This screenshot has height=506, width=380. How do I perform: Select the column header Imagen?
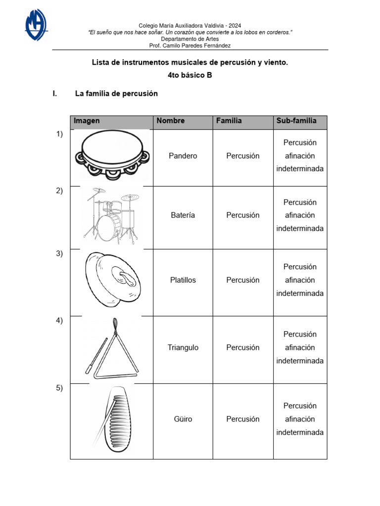click(x=87, y=121)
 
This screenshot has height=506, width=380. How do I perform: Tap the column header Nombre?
click(x=171, y=121)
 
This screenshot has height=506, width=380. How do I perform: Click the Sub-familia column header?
click(x=296, y=121)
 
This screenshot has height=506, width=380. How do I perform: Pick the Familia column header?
click(x=229, y=121)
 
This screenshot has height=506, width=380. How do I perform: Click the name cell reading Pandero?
click(x=183, y=156)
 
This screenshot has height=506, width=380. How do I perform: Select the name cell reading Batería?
click(x=183, y=215)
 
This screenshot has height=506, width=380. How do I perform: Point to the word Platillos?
click(x=183, y=280)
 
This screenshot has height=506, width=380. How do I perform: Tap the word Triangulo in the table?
click(x=183, y=348)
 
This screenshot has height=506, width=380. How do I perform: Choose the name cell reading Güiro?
click(x=183, y=420)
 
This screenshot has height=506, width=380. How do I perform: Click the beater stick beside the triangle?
click(x=96, y=356)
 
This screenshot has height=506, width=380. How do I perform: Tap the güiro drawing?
click(x=113, y=420)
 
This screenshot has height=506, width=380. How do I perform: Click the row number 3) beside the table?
click(x=59, y=253)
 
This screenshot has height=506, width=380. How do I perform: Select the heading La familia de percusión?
click(x=116, y=94)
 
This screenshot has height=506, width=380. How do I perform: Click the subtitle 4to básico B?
click(x=190, y=76)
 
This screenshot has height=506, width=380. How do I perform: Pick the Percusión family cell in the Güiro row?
click(x=243, y=420)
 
